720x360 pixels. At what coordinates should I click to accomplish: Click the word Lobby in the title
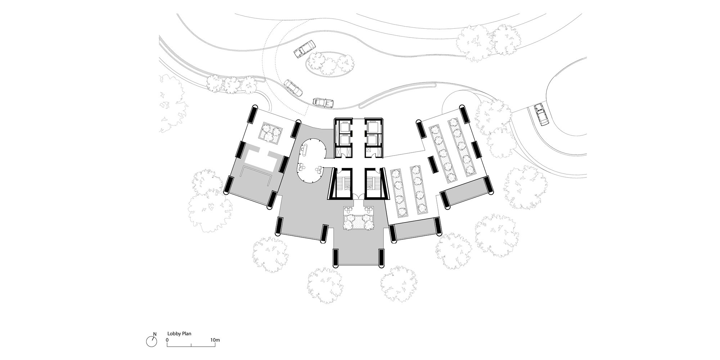(174, 334)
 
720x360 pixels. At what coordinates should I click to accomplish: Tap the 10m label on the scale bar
(215, 340)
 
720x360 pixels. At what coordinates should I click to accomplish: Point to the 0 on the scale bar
(167, 340)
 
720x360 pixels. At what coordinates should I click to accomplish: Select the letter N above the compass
(154, 334)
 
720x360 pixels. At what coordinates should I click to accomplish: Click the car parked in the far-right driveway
(541, 114)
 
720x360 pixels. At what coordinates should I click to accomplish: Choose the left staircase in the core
(342, 184)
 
